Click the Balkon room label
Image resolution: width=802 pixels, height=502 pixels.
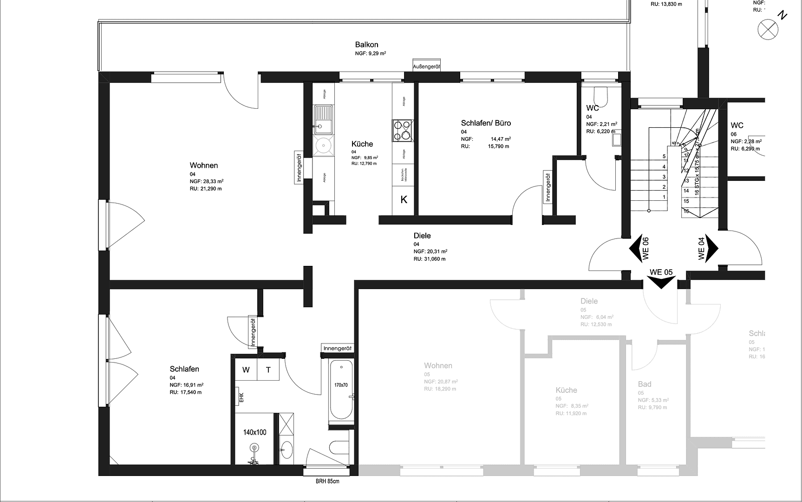click(366, 45)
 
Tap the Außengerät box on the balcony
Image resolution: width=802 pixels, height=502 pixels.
click(426, 67)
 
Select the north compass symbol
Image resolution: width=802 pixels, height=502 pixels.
click(768, 30)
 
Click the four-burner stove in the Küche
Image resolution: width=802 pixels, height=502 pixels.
click(402, 130)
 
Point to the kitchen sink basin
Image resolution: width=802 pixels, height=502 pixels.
click(323, 115)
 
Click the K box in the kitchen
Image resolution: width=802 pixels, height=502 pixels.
click(404, 200)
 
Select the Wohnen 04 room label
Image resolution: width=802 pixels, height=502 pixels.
click(203, 165)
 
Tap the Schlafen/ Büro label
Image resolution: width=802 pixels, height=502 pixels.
click(486, 123)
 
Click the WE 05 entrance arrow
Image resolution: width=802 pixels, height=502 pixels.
click(661, 282)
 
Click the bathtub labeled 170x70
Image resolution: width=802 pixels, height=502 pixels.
click(341, 390)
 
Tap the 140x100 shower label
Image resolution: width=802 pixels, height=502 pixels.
click(254, 432)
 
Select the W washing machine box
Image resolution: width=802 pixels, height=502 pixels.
click(246, 370)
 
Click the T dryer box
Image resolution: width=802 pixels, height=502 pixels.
click(268, 370)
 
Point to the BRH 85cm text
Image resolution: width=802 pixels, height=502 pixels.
click(327, 481)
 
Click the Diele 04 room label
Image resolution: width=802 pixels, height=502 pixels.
click(422, 236)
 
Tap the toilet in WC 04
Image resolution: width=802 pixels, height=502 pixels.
click(603, 96)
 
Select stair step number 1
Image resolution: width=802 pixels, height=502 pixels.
click(664, 197)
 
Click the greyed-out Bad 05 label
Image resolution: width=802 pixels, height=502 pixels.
click(645, 384)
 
